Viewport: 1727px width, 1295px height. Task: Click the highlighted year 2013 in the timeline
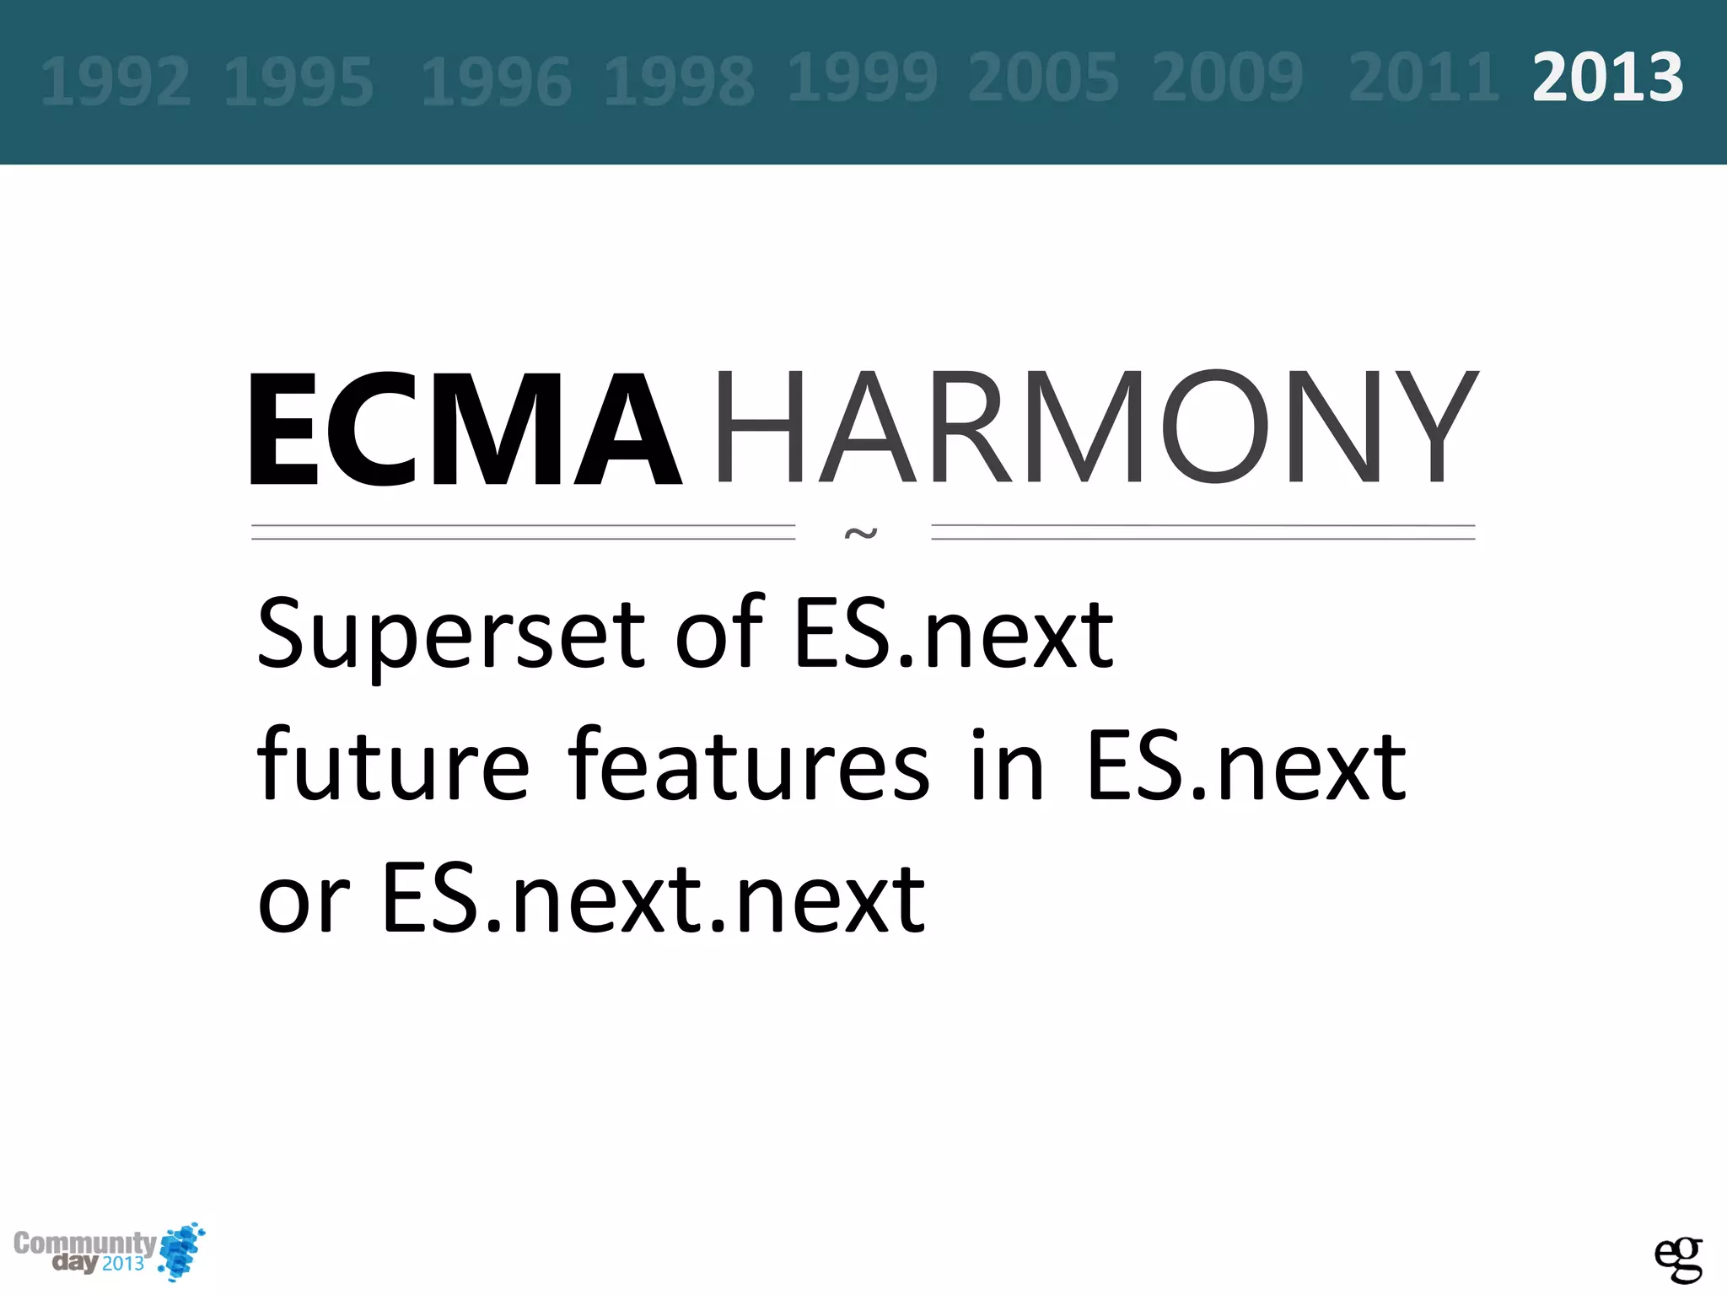pyautogui.click(x=1607, y=78)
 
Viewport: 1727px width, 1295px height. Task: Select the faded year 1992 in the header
pyautogui.click(x=116, y=82)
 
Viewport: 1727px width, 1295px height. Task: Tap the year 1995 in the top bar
pyautogui.click(x=299, y=82)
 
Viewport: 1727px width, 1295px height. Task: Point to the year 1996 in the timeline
pyautogui.click(x=496, y=82)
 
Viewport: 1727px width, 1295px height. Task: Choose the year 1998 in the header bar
pyautogui.click(x=679, y=82)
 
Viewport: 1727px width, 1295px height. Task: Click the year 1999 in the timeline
pyautogui.click(x=862, y=78)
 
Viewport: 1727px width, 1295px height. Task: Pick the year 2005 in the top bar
pyautogui.click(x=1043, y=78)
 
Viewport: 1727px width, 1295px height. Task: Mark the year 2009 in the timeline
pyautogui.click(x=1227, y=78)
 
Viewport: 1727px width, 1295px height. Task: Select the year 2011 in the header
pyautogui.click(x=1423, y=78)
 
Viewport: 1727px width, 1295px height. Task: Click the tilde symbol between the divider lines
pyautogui.click(x=861, y=533)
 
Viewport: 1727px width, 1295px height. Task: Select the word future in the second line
pyautogui.click(x=393, y=766)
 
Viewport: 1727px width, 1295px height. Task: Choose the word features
pyautogui.click(x=749, y=766)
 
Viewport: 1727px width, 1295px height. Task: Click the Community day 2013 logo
pyautogui.click(x=108, y=1251)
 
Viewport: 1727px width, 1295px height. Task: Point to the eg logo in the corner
pyautogui.click(x=1678, y=1259)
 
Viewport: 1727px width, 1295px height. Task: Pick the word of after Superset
pyautogui.click(x=718, y=634)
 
